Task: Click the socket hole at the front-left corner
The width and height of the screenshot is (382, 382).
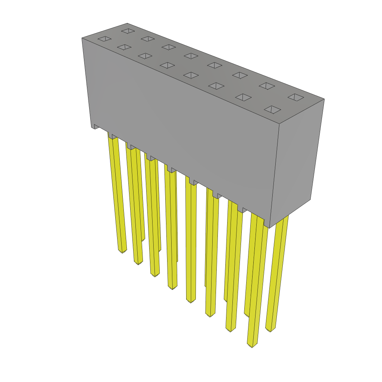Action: [104, 39]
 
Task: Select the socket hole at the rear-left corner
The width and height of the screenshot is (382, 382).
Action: [128, 31]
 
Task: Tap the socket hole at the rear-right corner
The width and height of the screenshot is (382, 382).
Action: [296, 97]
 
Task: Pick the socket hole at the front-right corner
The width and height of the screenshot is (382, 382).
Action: [272, 110]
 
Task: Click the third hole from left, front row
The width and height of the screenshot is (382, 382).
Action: [145, 56]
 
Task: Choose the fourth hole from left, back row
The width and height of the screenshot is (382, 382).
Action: [191, 56]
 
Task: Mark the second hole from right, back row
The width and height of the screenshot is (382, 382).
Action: [267, 86]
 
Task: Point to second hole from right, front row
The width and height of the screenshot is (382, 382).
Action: [243, 97]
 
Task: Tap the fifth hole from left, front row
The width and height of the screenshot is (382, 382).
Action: [191, 75]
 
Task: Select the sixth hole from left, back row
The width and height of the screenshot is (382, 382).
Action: [240, 75]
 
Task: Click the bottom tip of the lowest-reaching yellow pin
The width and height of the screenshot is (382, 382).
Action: [252, 345]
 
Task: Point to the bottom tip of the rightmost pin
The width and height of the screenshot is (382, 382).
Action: [270, 329]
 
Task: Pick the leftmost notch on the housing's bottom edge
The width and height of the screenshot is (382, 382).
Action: [96, 127]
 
